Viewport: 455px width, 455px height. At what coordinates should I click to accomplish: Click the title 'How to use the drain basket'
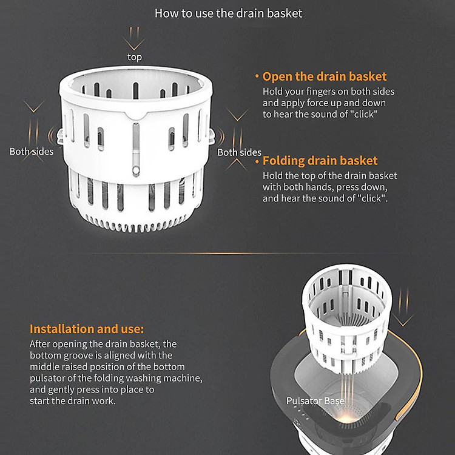[228, 13]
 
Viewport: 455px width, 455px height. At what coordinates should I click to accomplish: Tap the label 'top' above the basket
[134, 57]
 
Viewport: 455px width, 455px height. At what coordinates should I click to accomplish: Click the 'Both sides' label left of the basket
[32, 152]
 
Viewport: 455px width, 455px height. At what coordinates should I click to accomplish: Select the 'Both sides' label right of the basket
[239, 152]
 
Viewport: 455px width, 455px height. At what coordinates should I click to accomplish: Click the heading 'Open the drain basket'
[325, 76]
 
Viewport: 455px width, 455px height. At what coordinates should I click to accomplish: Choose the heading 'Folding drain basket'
[320, 161]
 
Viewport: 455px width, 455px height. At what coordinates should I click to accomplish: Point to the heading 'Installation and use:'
[87, 329]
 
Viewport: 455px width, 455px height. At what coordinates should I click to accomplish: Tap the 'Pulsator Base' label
[315, 401]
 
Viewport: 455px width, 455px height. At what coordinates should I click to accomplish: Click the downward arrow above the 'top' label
[134, 39]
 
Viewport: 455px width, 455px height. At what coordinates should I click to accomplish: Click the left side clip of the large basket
[60, 137]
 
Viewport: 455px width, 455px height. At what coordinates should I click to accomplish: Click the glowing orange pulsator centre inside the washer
[346, 419]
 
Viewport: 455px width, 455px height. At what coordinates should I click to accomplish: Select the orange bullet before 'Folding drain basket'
[257, 161]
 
